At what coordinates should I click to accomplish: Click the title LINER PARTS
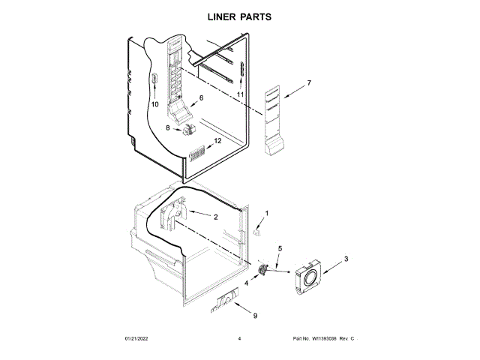(239, 16)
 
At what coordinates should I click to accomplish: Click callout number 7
(308, 82)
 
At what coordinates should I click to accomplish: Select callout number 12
(218, 141)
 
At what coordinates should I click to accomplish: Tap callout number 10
(154, 105)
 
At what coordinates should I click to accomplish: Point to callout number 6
(201, 98)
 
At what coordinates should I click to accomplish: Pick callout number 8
(168, 128)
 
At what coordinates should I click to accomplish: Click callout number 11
(241, 94)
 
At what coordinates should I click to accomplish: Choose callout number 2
(215, 217)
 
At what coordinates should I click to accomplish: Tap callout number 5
(280, 247)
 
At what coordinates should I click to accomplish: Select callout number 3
(346, 259)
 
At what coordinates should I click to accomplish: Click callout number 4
(246, 283)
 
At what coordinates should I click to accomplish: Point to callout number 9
(254, 316)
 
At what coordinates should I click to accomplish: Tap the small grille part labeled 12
(197, 155)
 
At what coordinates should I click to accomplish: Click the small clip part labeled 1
(257, 232)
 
